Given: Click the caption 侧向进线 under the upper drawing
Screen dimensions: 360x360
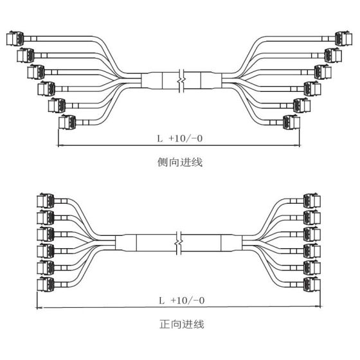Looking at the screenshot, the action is click(x=180, y=162).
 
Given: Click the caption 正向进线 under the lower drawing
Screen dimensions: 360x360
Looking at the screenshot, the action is click(x=182, y=324).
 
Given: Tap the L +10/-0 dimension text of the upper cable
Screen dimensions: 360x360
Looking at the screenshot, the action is click(x=180, y=138).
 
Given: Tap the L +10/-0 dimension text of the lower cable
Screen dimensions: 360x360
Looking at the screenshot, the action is click(x=182, y=300).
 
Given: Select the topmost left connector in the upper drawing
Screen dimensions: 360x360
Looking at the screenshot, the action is click(x=15, y=38).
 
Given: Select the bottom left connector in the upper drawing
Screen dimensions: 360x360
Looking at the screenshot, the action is click(x=67, y=122).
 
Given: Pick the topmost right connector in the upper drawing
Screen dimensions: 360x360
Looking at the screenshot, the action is click(x=343, y=38).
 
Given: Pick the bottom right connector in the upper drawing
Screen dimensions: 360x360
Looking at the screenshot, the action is click(x=291, y=122).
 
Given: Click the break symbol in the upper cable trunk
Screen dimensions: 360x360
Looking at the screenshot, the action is click(x=181, y=80).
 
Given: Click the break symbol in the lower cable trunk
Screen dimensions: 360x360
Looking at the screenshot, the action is click(x=179, y=243).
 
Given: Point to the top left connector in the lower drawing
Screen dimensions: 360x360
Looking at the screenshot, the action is click(x=46, y=201).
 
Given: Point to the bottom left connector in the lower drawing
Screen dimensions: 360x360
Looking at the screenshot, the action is click(x=46, y=284).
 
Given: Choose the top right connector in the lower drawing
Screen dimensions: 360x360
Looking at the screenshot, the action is click(x=312, y=201).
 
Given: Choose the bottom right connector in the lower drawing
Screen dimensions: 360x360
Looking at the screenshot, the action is click(x=312, y=284).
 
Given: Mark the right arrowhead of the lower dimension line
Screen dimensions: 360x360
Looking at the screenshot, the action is click(x=318, y=306).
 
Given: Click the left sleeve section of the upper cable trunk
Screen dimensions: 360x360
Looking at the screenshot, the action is click(x=152, y=80).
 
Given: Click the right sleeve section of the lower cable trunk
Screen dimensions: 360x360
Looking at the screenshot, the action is click(x=231, y=243).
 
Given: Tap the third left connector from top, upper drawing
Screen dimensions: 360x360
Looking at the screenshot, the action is click(x=36, y=72).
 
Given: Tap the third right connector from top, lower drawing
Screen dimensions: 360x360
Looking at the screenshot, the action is click(x=312, y=234).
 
